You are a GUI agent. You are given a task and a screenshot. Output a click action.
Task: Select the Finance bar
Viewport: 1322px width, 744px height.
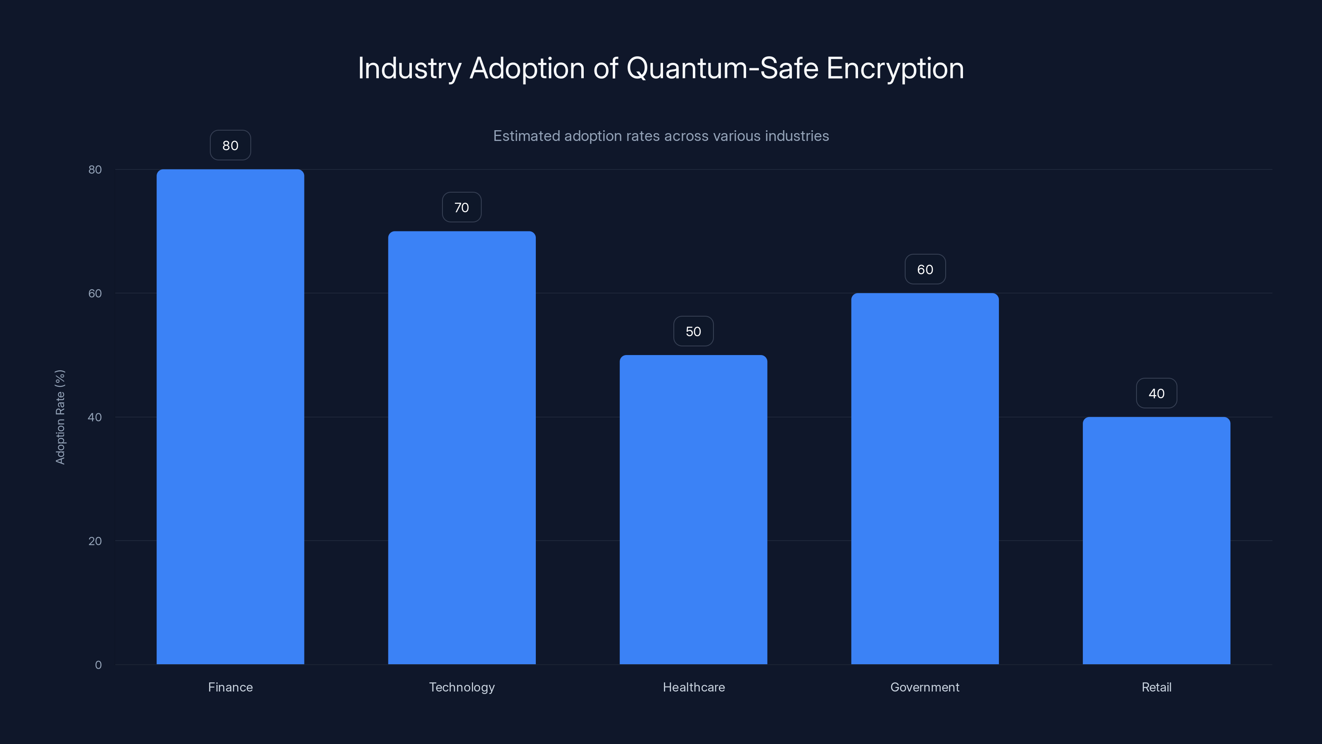[230, 416]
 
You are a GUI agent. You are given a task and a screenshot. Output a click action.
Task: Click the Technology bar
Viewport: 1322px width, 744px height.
[461, 447]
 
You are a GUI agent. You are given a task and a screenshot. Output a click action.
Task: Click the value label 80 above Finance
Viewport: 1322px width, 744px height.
[230, 145]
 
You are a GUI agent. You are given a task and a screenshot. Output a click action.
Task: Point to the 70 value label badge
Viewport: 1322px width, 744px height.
[461, 207]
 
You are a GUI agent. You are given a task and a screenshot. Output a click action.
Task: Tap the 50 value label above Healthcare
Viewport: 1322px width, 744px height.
[693, 331]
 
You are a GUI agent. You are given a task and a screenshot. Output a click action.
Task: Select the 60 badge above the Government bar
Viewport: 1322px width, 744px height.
[925, 269]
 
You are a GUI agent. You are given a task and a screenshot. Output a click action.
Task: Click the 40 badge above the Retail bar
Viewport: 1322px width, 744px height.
[1156, 393]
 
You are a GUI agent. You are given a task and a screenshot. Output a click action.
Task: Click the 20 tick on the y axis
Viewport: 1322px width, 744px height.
[95, 541]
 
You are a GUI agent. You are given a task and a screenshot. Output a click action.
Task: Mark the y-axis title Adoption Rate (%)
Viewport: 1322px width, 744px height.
[60, 417]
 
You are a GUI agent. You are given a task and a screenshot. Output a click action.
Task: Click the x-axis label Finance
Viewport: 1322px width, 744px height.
[230, 687]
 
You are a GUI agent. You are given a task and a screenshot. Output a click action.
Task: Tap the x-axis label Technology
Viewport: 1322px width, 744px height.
[461, 687]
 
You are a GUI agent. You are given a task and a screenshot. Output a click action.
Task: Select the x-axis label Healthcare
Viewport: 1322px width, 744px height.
[693, 687]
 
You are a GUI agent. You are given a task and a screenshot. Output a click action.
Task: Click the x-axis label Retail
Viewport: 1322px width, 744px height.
[1156, 687]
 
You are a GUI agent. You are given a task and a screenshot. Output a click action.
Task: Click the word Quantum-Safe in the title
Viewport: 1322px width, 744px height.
[722, 68]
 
